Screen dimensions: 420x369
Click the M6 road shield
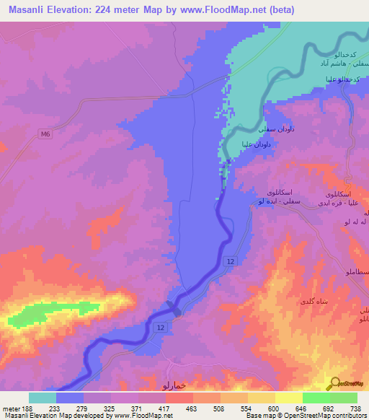[x=46, y=133]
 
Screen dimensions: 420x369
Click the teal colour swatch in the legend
[x=43, y=398]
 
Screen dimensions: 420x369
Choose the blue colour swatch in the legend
[x=70, y=398]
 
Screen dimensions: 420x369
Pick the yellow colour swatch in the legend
[x=288, y=398]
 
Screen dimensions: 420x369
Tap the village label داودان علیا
[x=257, y=144]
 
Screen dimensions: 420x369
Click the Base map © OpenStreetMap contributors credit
[x=305, y=416]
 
